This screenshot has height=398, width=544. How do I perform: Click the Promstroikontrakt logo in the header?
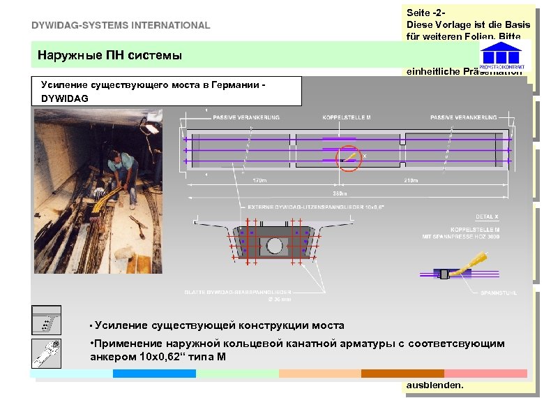tap(501, 55)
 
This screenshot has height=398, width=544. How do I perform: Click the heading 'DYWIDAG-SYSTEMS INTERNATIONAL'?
tap(120, 25)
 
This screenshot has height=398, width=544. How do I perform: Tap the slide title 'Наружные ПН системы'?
tap(109, 54)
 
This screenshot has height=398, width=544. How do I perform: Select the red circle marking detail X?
tap(349, 159)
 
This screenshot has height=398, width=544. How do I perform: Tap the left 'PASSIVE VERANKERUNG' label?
tap(246, 117)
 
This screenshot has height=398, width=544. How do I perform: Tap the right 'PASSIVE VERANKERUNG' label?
tap(464, 117)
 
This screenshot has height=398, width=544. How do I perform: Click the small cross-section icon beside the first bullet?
tap(47, 319)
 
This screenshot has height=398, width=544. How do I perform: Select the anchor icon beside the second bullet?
tap(47, 353)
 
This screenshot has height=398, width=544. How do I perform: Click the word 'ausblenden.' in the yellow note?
tap(435, 385)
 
